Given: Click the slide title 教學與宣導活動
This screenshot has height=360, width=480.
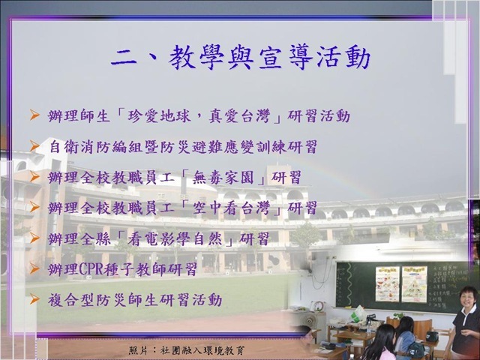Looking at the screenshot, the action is pyautogui.click(x=269, y=58).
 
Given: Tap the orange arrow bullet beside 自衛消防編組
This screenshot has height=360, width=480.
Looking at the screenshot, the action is pyautogui.click(x=34, y=146).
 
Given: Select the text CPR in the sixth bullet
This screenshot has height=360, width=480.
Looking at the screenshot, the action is pyautogui.click(x=91, y=269).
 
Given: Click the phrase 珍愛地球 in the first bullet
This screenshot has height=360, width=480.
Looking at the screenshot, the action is pyautogui.click(x=159, y=116).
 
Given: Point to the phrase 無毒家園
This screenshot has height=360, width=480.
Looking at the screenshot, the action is pyautogui.click(x=223, y=178).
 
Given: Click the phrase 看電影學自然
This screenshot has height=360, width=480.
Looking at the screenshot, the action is pyautogui.click(x=175, y=238).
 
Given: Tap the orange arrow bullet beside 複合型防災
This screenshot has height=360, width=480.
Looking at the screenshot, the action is pyautogui.click(x=34, y=299).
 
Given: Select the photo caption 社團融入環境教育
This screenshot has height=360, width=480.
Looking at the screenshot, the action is pyautogui.click(x=202, y=350).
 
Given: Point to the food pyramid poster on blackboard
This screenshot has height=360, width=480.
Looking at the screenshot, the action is pyautogui.click(x=415, y=283).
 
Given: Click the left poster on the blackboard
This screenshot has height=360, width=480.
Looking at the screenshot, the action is pyautogui.click(x=388, y=283).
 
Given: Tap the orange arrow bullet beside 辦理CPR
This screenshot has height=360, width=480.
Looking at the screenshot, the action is pyautogui.click(x=34, y=268).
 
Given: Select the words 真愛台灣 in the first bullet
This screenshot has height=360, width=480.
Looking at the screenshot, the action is pyautogui.click(x=239, y=116).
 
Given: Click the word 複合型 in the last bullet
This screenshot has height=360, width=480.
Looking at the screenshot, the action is pyautogui.click(x=71, y=300).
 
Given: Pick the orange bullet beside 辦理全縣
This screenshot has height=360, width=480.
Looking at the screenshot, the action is pyautogui.click(x=34, y=238).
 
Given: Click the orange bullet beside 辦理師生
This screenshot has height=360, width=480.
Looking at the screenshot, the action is pyautogui.click(x=34, y=115).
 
